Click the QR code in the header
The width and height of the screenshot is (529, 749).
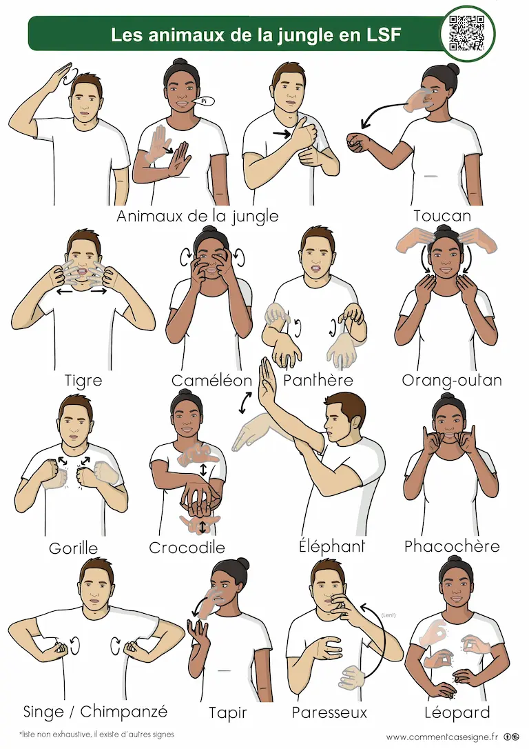click(x=467, y=33)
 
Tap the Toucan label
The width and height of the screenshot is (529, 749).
click(x=442, y=216)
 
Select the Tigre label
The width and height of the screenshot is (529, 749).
click(x=83, y=381)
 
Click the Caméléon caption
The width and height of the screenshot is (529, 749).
click(x=211, y=381)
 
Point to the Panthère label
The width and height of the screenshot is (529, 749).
click(x=318, y=380)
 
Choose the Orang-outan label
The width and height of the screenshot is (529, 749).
click(x=452, y=381)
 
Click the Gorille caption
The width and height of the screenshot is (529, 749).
click(x=73, y=548)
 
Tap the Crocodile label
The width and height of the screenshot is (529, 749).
click(x=187, y=548)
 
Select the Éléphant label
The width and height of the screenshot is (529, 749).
click(x=332, y=546)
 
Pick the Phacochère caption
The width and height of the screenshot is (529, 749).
click(x=452, y=546)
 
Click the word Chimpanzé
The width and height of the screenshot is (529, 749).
click(x=124, y=711)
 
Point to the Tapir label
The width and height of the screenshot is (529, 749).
click(x=228, y=713)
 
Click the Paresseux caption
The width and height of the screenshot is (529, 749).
click(x=329, y=712)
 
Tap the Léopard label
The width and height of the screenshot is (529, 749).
click(x=457, y=712)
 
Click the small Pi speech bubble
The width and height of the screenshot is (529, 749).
click(x=204, y=101)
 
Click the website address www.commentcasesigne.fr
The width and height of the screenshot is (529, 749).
click(x=442, y=737)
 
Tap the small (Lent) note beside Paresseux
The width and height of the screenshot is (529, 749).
click(x=388, y=615)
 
